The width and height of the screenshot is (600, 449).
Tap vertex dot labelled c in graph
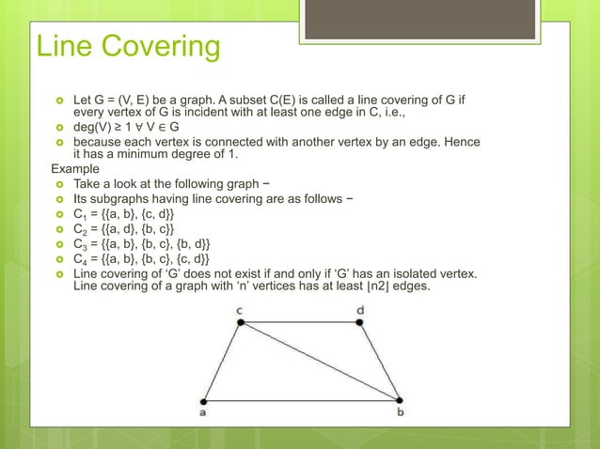pyautogui.click(x=241, y=322)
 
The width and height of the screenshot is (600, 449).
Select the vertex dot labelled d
pyautogui.click(x=361, y=322)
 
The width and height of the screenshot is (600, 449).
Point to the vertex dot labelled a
pyautogui.click(x=204, y=399)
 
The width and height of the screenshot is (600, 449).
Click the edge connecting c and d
pyautogui.click(x=301, y=322)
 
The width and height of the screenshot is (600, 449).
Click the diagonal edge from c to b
pyautogui.click(x=321, y=361)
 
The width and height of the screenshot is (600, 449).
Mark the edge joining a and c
pyautogui.click(x=223, y=361)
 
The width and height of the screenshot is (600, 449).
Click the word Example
pyautogui.click(x=76, y=169)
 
